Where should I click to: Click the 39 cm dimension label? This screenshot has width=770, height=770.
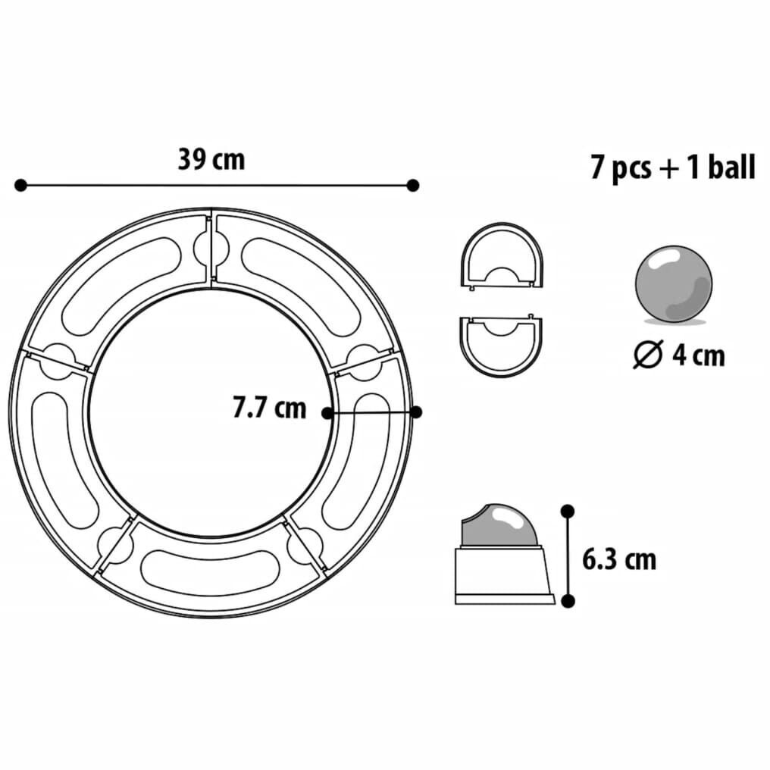coord(211,160)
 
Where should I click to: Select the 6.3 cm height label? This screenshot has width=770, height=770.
coord(619,559)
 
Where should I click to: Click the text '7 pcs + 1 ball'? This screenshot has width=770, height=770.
coord(672,167)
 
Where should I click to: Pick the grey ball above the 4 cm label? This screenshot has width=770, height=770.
coord(673,283)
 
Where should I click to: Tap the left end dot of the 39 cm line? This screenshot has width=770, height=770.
coord(20,185)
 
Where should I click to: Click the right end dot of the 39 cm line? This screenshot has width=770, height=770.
coord(413,185)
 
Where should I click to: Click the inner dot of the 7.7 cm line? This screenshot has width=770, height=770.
coord(327,413)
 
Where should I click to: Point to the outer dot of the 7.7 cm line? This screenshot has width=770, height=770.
coord(415,412)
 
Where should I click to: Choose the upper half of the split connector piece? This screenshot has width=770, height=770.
coord(501,255)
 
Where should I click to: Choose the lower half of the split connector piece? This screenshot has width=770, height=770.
coord(501,345)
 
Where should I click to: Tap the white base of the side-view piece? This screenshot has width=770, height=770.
coord(503,573)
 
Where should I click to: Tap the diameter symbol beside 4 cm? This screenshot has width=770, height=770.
coord(649,354)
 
